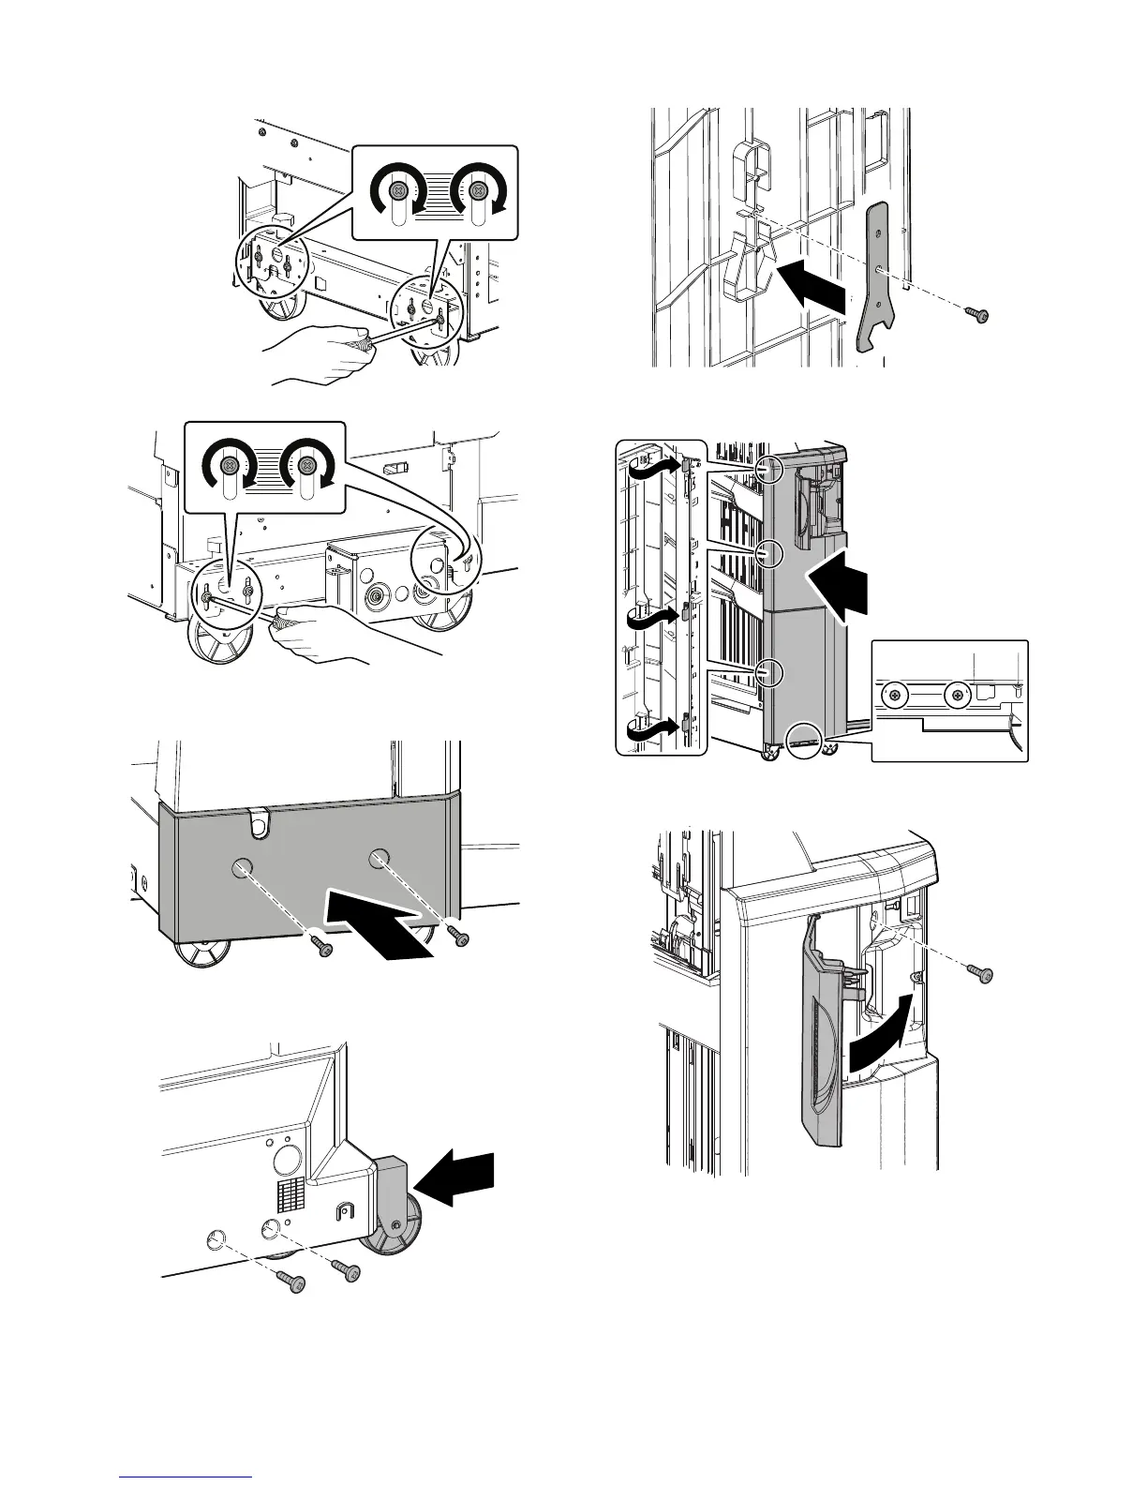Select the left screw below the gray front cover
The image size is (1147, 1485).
point(324,950)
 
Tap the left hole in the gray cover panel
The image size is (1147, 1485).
point(242,867)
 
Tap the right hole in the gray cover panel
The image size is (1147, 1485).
point(378,855)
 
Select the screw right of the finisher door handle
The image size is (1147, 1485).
point(980,975)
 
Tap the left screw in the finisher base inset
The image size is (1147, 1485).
point(897,695)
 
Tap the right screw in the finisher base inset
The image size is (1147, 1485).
point(956,695)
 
